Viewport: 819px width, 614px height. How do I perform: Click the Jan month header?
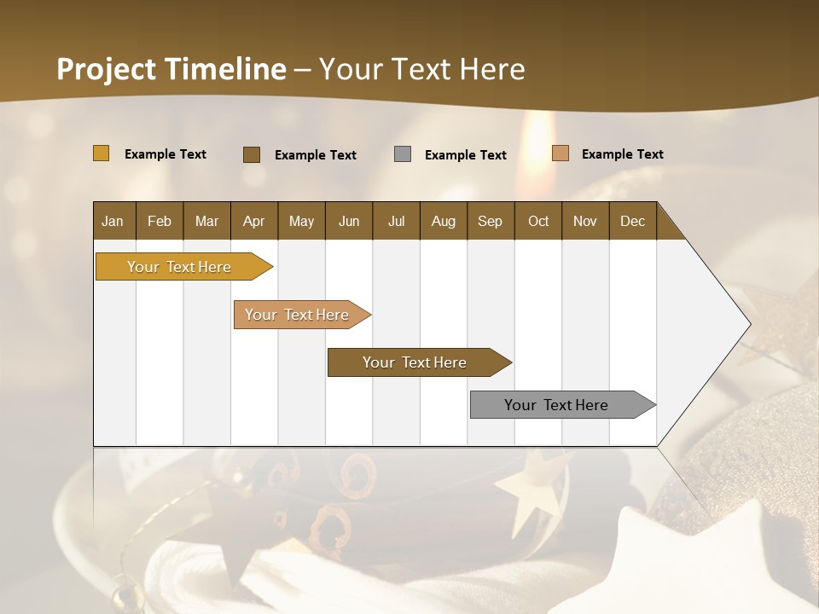pos(113,221)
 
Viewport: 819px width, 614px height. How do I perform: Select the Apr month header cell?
pos(253,221)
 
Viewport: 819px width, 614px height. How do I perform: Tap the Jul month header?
pos(396,221)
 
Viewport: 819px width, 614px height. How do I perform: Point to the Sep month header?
pos(490,221)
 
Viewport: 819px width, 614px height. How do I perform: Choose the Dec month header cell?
pos(632,221)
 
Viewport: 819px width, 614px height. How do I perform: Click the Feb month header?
pos(160,221)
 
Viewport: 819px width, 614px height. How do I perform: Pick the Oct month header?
pos(538,221)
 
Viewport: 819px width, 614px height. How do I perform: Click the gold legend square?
pos(101,153)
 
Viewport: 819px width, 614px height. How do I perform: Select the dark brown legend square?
pos(252,154)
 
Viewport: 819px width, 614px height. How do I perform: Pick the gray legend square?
pos(403,154)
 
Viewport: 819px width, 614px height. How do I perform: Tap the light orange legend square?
pos(560,153)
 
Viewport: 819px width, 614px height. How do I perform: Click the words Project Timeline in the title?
pos(171,69)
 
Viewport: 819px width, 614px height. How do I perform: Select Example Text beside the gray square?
pos(465,155)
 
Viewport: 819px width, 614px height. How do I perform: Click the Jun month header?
pos(349,221)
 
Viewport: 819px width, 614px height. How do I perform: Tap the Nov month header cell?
pos(585,221)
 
